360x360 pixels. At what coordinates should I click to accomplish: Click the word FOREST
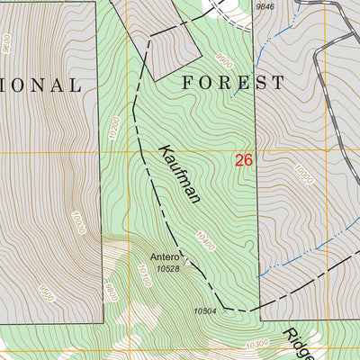[x=233, y=83]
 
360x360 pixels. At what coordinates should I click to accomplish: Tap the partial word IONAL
[x=40, y=85]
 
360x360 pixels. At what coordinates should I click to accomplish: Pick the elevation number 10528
[x=168, y=268]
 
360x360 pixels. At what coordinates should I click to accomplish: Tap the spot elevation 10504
[x=205, y=312]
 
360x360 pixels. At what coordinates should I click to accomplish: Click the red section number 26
[x=243, y=161]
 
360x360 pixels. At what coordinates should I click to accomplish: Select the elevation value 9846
[x=265, y=6]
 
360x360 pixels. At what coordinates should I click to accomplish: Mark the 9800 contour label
[x=111, y=290]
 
